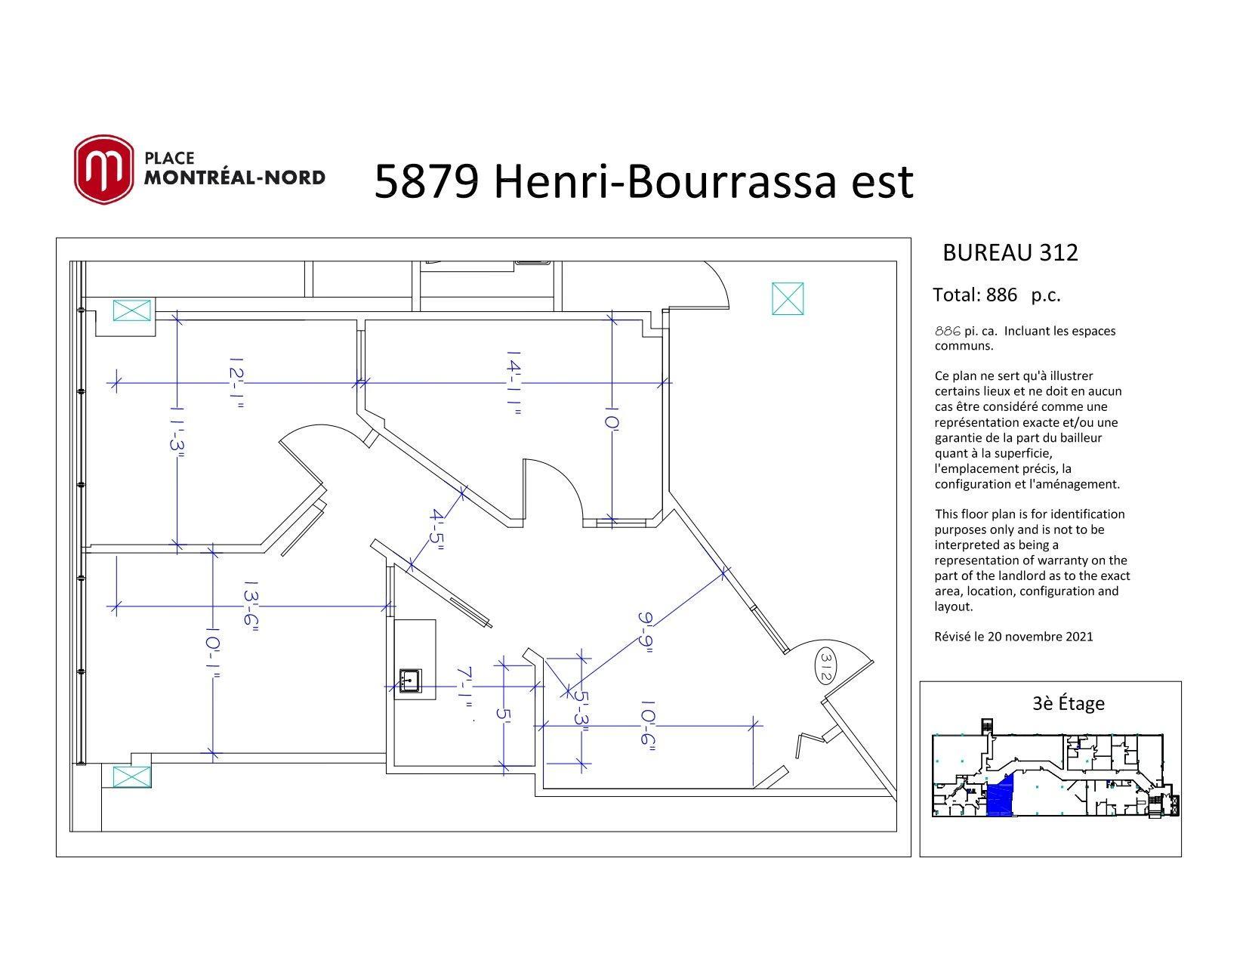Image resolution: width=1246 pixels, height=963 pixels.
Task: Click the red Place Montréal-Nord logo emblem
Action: [103, 170]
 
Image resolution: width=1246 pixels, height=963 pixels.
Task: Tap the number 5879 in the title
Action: [426, 182]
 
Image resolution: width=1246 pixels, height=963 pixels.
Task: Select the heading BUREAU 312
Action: [1010, 253]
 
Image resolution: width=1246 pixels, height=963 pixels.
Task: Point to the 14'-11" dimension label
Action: [514, 383]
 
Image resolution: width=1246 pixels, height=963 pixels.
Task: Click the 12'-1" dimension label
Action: [236, 383]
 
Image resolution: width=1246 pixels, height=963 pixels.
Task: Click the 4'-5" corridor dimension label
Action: [436, 529]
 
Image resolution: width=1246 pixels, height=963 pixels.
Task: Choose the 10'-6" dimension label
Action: [648, 726]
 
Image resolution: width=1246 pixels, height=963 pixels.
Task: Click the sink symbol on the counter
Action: [411, 681]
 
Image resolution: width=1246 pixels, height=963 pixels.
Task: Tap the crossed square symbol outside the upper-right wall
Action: [788, 299]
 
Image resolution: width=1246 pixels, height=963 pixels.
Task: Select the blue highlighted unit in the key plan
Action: [1000, 795]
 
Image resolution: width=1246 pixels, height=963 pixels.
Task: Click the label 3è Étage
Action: [1069, 703]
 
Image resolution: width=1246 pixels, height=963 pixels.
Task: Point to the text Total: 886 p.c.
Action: [997, 295]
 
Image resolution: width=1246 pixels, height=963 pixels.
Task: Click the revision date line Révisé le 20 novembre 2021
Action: [1013, 637]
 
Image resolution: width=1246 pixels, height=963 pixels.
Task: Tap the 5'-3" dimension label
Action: [581, 711]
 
